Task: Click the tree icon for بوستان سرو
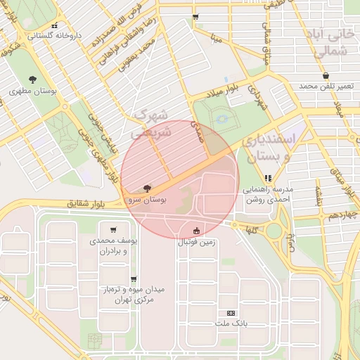pos(146,189)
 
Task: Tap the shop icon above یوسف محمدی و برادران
pos(112,229)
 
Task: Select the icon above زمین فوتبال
pos(196,231)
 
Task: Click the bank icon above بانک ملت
pos(231,313)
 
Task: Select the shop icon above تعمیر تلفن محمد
pos(326,75)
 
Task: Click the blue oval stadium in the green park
pos(223,120)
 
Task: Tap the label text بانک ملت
pos(231,324)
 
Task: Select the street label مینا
pos(216,38)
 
